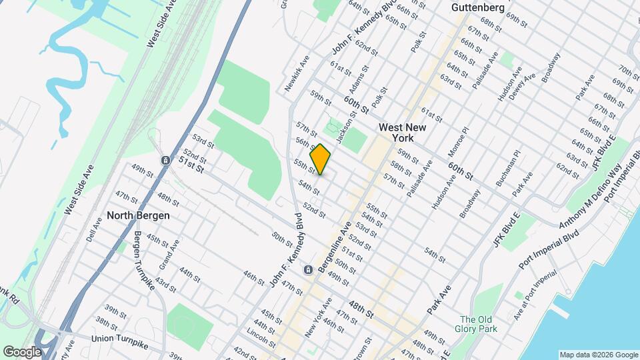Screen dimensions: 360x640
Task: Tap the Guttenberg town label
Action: click(477, 7)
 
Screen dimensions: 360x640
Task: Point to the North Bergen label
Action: click(139, 215)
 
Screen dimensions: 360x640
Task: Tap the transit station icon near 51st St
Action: click(165, 161)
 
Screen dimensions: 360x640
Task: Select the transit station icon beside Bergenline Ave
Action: click(308, 269)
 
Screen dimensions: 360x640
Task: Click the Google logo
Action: click(23, 351)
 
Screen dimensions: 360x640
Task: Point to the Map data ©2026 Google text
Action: click(597, 355)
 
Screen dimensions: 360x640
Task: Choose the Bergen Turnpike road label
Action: click(144, 259)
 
